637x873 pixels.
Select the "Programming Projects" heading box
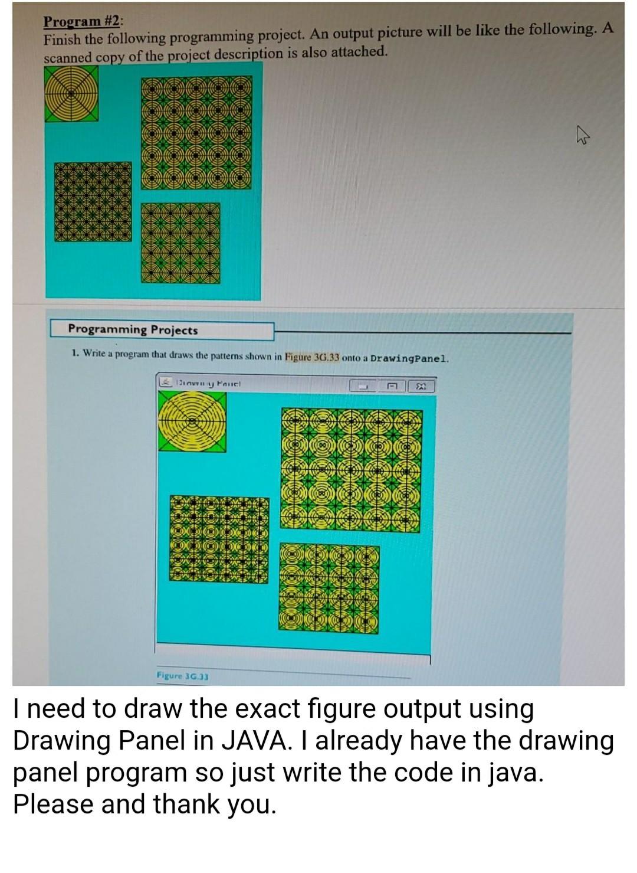point(162,330)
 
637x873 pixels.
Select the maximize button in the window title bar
point(391,387)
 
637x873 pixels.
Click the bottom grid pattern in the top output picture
point(180,241)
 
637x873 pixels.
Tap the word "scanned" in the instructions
point(66,58)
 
